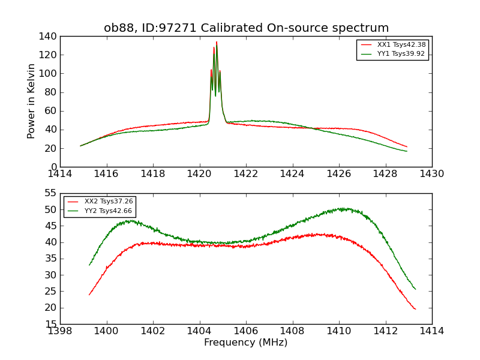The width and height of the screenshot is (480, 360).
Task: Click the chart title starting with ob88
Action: pyautogui.click(x=246, y=28)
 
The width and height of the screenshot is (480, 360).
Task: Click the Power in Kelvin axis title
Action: pyautogui.click(x=31, y=101)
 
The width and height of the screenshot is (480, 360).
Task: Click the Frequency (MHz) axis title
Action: pyautogui.click(x=246, y=343)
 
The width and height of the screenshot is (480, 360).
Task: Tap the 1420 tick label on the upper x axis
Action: pyautogui.click(x=199, y=174)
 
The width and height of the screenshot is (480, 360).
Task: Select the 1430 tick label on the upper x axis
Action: pyautogui.click(x=431, y=174)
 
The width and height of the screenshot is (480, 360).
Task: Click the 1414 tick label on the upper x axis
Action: pyautogui.click(x=61, y=174)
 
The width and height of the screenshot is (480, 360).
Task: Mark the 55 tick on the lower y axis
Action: pyautogui.click(x=52, y=193)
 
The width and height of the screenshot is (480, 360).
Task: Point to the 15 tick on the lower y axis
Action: pyautogui.click(x=52, y=324)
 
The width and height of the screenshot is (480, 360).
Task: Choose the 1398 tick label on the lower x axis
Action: pyautogui.click(x=61, y=331)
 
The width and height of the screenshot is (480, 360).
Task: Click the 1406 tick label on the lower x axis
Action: pyautogui.click(x=246, y=331)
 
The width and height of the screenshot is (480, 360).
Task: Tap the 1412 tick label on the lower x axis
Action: pyautogui.click(x=385, y=331)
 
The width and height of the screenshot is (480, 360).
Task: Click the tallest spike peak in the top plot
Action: pyautogui.click(x=217, y=42)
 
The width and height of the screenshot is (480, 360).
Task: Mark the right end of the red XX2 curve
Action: pyautogui.click(x=415, y=309)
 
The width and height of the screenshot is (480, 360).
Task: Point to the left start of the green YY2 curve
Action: pyautogui.click(x=89, y=265)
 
